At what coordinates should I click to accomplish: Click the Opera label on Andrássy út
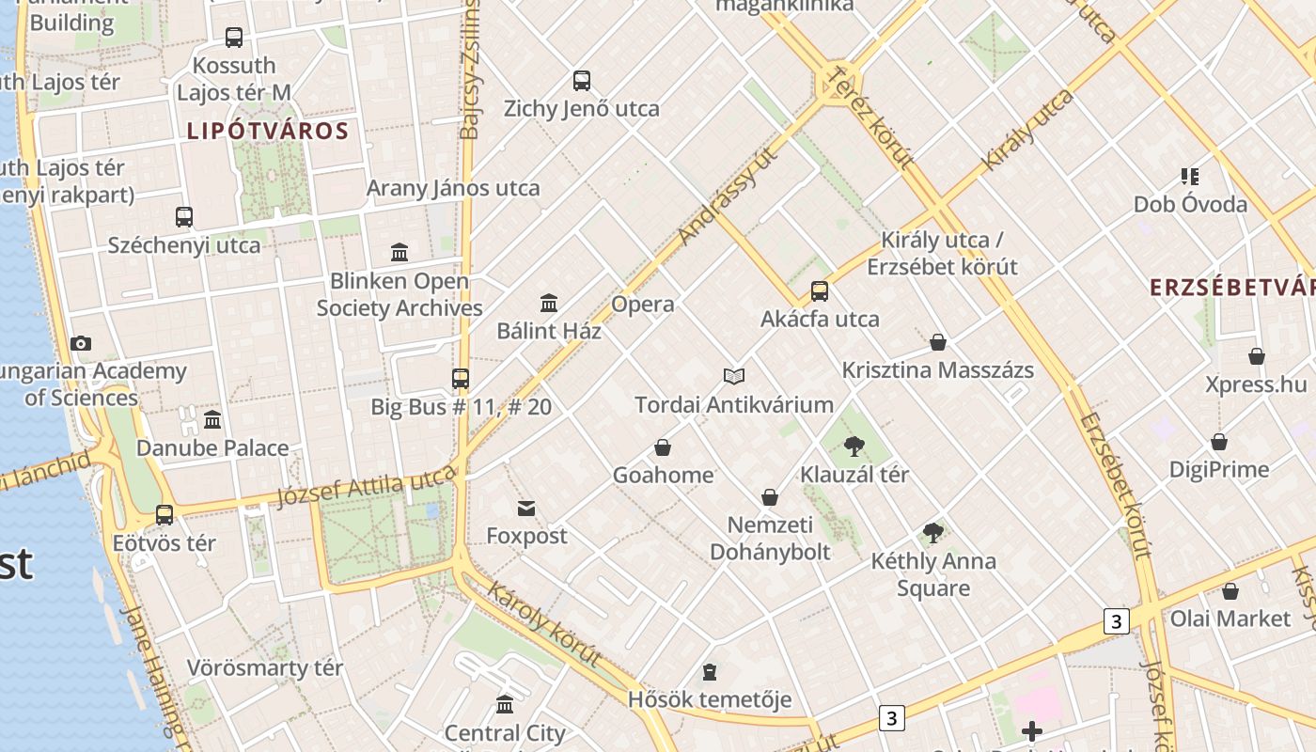(x=643, y=305)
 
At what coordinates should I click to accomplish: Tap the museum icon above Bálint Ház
(x=549, y=303)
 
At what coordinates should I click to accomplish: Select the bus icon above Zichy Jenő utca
(x=582, y=81)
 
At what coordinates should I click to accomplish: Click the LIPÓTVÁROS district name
(x=268, y=131)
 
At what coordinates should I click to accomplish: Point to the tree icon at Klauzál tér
(x=854, y=446)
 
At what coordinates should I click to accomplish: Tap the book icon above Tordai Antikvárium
(x=734, y=376)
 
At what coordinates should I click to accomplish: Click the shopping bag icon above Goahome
(x=663, y=447)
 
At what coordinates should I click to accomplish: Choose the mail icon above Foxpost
(x=526, y=509)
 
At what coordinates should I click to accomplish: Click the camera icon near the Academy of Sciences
(x=81, y=343)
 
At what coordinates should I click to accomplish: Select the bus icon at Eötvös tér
(x=164, y=515)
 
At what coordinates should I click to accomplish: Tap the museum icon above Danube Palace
(x=212, y=419)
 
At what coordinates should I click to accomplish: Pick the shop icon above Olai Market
(x=1230, y=591)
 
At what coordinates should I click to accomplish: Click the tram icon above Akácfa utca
(x=820, y=291)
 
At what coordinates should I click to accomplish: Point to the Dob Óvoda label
(x=1190, y=204)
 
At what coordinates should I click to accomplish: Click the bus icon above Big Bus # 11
(x=461, y=379)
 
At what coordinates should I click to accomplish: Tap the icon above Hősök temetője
(x=710, y=672)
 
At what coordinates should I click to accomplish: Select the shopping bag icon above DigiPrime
(x=1219, y=442)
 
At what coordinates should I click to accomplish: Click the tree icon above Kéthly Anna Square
(x=932, y=533)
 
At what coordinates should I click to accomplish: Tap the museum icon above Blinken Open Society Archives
(x=399, y=252)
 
